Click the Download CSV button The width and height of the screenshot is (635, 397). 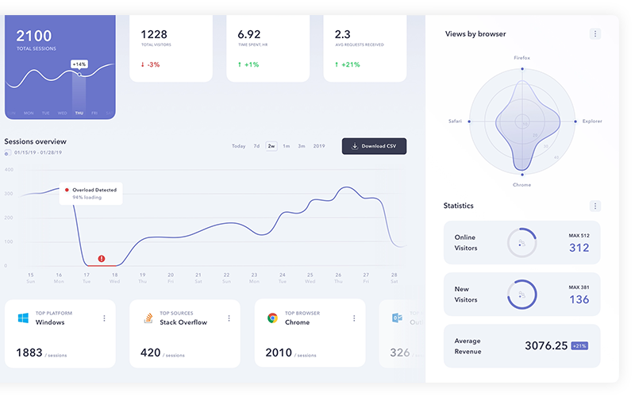(374, 146)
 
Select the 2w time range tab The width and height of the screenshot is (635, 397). (271, 146)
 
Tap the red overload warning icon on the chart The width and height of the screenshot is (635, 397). (102, 258)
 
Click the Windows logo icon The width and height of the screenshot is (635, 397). (23, 318)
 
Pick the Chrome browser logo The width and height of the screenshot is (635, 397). (272, 318)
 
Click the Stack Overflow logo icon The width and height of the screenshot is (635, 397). (148, 318)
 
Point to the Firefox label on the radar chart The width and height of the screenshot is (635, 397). (521, 58)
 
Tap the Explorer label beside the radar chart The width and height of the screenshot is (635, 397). (592, 121)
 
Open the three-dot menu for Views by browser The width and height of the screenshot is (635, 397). (595, 34)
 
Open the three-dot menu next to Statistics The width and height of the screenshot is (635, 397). (595, 206)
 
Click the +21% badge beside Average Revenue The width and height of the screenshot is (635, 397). (579, 345)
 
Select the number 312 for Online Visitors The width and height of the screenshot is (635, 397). (579, 248)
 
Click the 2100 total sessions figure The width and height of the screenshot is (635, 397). (33, 36)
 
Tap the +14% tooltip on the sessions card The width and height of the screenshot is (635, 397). (79, 64)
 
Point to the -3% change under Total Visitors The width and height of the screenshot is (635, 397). (150, 64)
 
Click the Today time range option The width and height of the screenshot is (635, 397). (238, 146)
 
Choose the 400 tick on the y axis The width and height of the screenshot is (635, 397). (9, 170)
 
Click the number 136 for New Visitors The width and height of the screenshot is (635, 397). (579, 299)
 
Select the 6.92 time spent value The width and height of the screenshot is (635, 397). (249, 34)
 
